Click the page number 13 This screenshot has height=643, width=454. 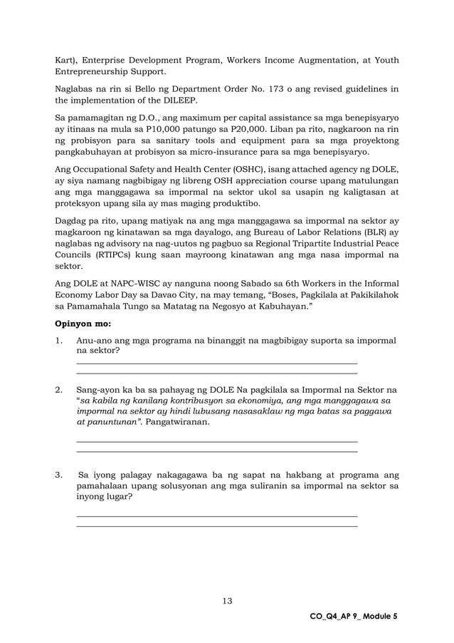coord(226,601)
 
